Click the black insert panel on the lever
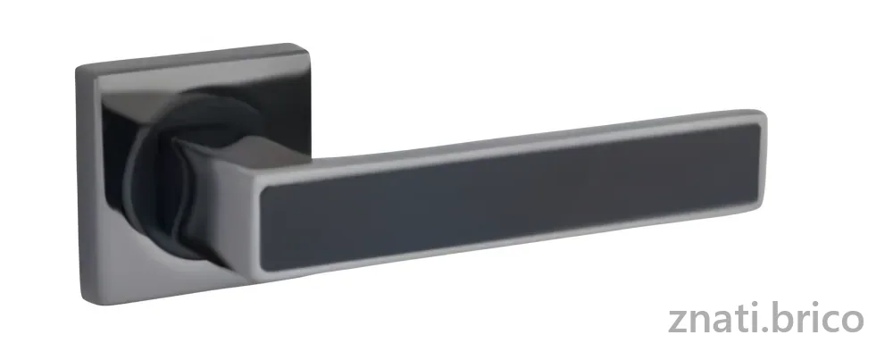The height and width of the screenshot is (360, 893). point(511,195)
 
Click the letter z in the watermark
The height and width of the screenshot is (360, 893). point(678,322)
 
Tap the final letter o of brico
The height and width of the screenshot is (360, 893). point(853,322)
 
